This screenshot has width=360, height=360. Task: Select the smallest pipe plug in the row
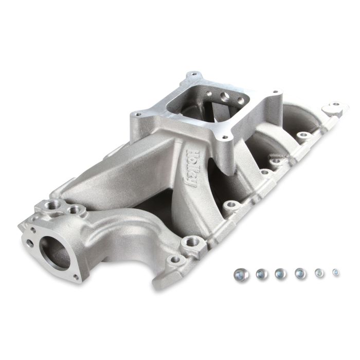336,272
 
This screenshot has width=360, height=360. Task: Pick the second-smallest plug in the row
319,273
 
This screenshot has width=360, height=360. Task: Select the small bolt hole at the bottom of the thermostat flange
77,277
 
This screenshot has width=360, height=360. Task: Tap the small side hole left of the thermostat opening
29,245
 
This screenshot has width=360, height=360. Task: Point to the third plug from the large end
280,273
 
